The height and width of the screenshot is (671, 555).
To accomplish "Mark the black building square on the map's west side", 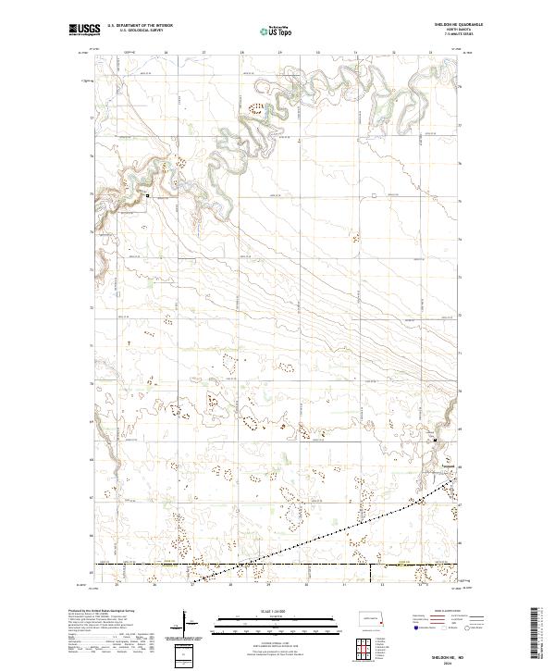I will click(147, 196).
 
